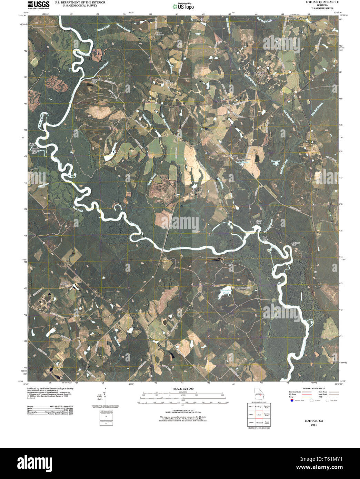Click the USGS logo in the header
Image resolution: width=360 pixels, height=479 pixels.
[x=38, y=4]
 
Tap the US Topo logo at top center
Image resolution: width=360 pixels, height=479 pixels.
[x=183, y=6]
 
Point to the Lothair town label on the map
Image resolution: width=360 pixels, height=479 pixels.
[x=258, y=73]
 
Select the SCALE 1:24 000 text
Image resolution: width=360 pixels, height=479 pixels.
[x=183, y=389]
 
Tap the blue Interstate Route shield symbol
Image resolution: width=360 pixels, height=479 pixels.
[x=292, y=401]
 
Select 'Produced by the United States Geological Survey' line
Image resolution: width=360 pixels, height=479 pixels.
[x=46, y=388]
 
